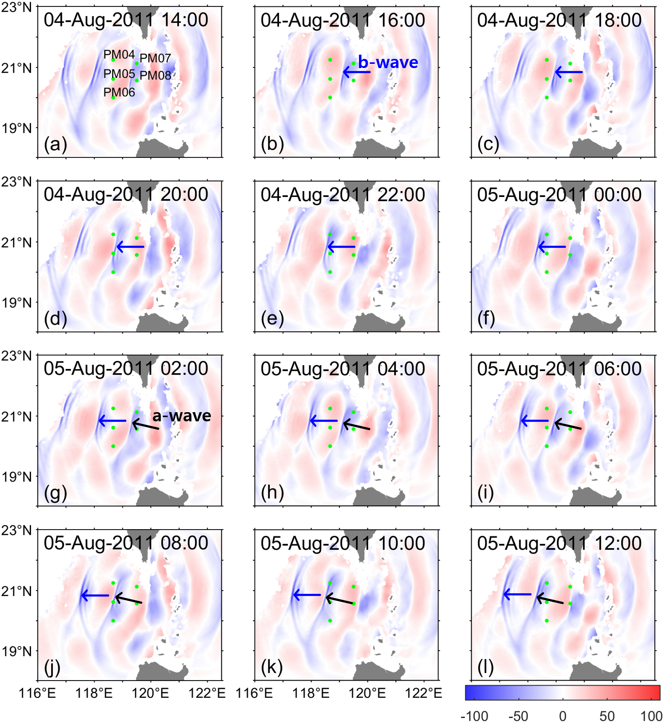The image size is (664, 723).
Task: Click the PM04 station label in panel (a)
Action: point(119,55)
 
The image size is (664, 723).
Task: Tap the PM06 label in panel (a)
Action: point(119,92)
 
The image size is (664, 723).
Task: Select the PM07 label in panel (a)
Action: point(155,58)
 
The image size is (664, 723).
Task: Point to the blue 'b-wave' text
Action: point(388,62)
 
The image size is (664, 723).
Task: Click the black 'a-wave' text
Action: point(182,416)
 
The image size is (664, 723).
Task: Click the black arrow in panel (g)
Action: point(146,425)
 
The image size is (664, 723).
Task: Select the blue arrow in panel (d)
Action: point(130,247)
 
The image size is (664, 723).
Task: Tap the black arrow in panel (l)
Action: point(550,599)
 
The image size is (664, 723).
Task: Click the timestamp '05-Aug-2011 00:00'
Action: point(559,195)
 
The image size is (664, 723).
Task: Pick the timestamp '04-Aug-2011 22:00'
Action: point(343,195)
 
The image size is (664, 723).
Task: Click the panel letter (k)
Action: point(272,667)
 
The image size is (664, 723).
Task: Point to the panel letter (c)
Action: point(488,145)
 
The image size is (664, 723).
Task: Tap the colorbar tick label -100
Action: point(474,716)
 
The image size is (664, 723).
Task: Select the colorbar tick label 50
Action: point(607,716)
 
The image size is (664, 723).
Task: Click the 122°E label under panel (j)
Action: point(207,693)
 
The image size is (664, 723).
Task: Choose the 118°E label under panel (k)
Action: point(310,693)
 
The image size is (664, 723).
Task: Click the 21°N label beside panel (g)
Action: point(16,416)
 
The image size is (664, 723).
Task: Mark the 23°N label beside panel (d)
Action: point(16,182)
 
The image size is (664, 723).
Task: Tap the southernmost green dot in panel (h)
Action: point(330,446)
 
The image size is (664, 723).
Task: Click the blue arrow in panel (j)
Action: point(95,595)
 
